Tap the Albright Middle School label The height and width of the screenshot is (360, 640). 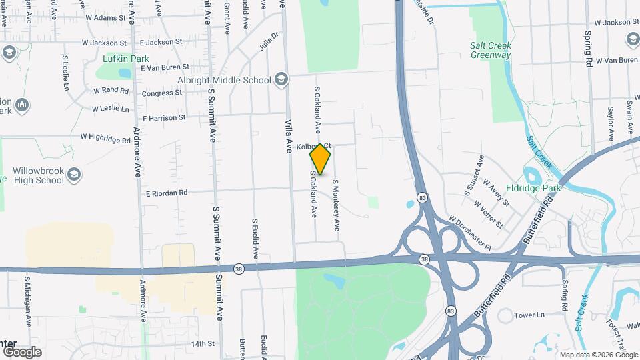223,80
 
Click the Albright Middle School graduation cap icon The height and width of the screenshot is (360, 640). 281,80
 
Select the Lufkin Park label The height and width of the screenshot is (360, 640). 122,59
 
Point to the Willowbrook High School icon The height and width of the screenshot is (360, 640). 74,175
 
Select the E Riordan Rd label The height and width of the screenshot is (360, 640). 167,193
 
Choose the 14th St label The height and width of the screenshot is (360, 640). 203,344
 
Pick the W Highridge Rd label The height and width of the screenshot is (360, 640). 105,138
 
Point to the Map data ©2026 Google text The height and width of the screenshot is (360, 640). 598,354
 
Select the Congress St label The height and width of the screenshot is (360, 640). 162,93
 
